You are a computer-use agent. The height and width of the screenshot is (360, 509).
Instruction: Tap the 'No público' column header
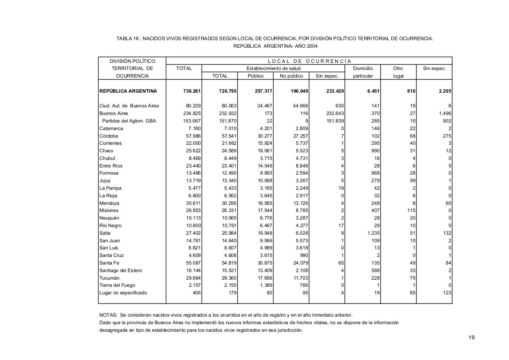point(291,76)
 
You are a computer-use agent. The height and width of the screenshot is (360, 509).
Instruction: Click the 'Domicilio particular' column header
point(363,72)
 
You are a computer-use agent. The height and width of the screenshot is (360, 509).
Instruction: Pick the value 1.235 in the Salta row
point(372,233)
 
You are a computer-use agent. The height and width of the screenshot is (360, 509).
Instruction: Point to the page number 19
point(471,338)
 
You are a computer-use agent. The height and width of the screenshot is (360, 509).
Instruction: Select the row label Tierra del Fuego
point(117,285)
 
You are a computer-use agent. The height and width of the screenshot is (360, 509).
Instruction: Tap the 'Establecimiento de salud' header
point(273,68)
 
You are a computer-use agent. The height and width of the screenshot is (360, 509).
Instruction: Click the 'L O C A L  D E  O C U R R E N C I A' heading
point(309,61)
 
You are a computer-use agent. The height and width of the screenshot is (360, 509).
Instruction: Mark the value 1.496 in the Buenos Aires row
point(444,113)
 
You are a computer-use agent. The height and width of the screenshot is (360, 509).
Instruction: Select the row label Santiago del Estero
point(120,270)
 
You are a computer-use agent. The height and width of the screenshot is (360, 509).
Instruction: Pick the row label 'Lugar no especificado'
point(123,293)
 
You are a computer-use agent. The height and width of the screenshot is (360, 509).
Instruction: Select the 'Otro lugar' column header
point(398,72)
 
